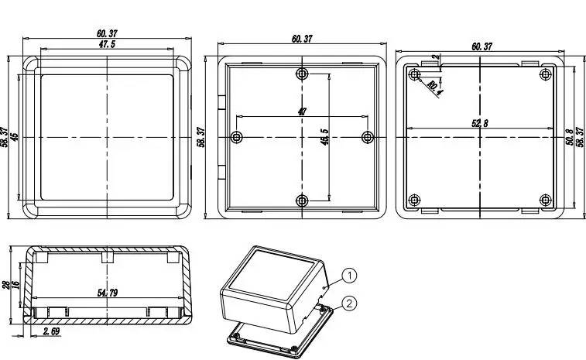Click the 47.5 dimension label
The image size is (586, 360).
[x=107, y=44]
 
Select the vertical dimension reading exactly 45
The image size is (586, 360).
[x=14, y=137]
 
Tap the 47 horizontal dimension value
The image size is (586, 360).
[x=302, y=111]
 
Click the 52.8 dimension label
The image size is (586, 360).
[x=480, y=123]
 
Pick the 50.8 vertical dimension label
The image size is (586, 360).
[x=570, y=137]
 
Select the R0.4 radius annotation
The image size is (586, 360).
[x=434, y=87]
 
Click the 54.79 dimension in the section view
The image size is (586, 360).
[x=108, y=293]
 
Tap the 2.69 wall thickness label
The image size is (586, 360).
[x=52, y=331]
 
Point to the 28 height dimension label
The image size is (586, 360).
[x=6, y=285]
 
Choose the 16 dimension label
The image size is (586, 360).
[x=15, y=284]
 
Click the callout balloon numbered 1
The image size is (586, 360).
[x=349, y=276]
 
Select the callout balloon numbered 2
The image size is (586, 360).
[x=349, y=303]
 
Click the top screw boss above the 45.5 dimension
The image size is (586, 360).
[x=302, y=74]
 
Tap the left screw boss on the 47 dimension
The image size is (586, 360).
[x=236, y=137]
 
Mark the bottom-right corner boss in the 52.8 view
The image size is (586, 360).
[x=546, y=200]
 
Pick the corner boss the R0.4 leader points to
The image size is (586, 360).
[x=414, y=74]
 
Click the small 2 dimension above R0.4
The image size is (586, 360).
[x=436, y=57]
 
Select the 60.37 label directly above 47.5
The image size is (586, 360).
[x=108, y=33]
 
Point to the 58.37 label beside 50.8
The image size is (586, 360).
[x=580, y=137]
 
